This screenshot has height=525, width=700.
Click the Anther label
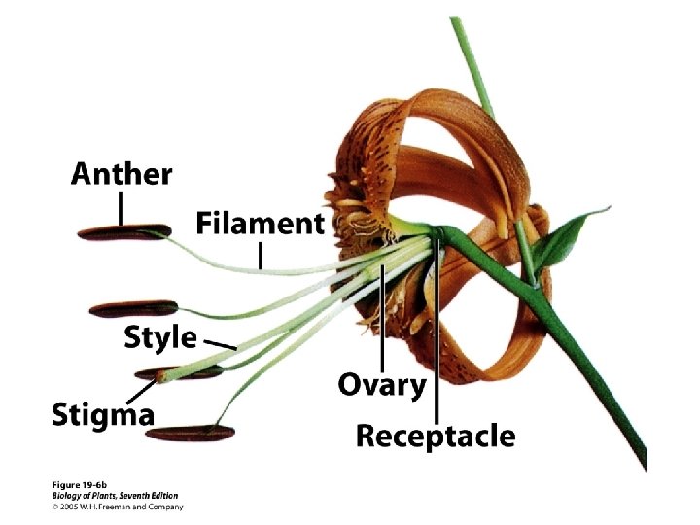pos(122,175)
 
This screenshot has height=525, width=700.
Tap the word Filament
pos(260,224)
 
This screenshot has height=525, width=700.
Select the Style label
pos(160,338)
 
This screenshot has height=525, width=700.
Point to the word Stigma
pos(103,416)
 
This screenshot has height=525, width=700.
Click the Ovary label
pos(382,385)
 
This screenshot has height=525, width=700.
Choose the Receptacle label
pos(436,437)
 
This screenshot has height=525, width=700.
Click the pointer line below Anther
pos(122,207)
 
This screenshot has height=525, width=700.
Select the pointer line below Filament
pos(261,256)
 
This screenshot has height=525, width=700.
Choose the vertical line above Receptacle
pos(437,331)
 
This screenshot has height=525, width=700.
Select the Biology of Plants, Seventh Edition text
pos(116,495)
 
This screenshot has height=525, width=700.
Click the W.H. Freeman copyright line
pos(118,506)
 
